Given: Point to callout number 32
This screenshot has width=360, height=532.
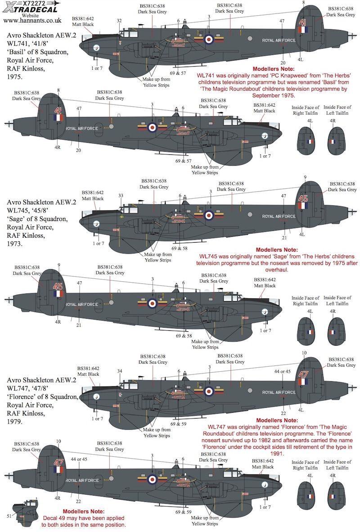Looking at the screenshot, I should (x=119, y=21).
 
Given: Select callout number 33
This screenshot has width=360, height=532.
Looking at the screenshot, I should (x=120, y=195).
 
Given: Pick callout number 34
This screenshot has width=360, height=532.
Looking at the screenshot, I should (x=119, y=371).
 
